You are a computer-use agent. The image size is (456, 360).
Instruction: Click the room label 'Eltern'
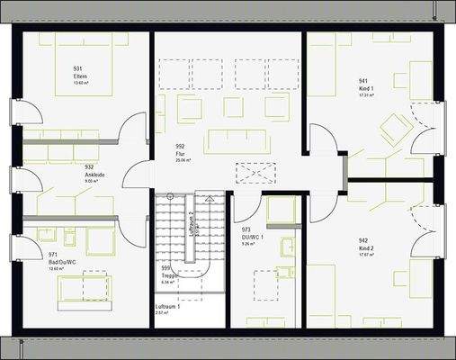(79, 76)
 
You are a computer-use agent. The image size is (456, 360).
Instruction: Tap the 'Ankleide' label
(83, 174)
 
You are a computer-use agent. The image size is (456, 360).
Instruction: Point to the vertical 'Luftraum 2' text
(192, 223)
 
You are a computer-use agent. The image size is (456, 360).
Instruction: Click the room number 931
(78, 69)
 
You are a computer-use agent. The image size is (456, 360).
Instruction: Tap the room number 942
(363, 240)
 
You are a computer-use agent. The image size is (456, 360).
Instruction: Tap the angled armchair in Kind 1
(394, 130)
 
